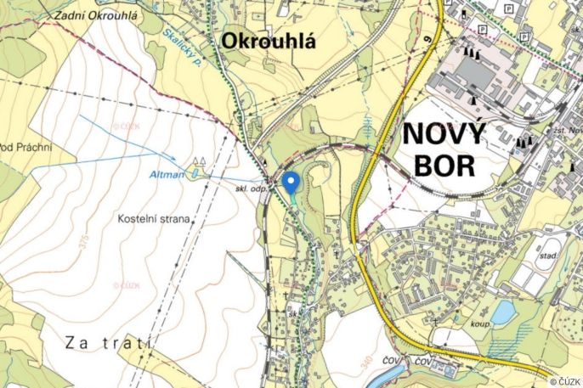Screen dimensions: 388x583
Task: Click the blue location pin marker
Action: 290,183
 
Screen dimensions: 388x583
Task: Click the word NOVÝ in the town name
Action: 444,135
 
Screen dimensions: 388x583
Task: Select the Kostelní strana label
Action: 155,218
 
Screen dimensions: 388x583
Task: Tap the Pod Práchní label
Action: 25,148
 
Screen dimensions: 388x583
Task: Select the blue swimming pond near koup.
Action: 503,312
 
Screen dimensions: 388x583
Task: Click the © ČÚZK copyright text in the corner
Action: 565,381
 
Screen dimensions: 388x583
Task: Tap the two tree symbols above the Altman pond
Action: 201,160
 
